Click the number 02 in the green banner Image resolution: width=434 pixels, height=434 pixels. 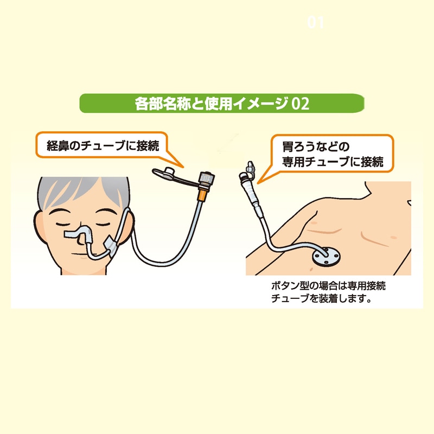tap(300, 104)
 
